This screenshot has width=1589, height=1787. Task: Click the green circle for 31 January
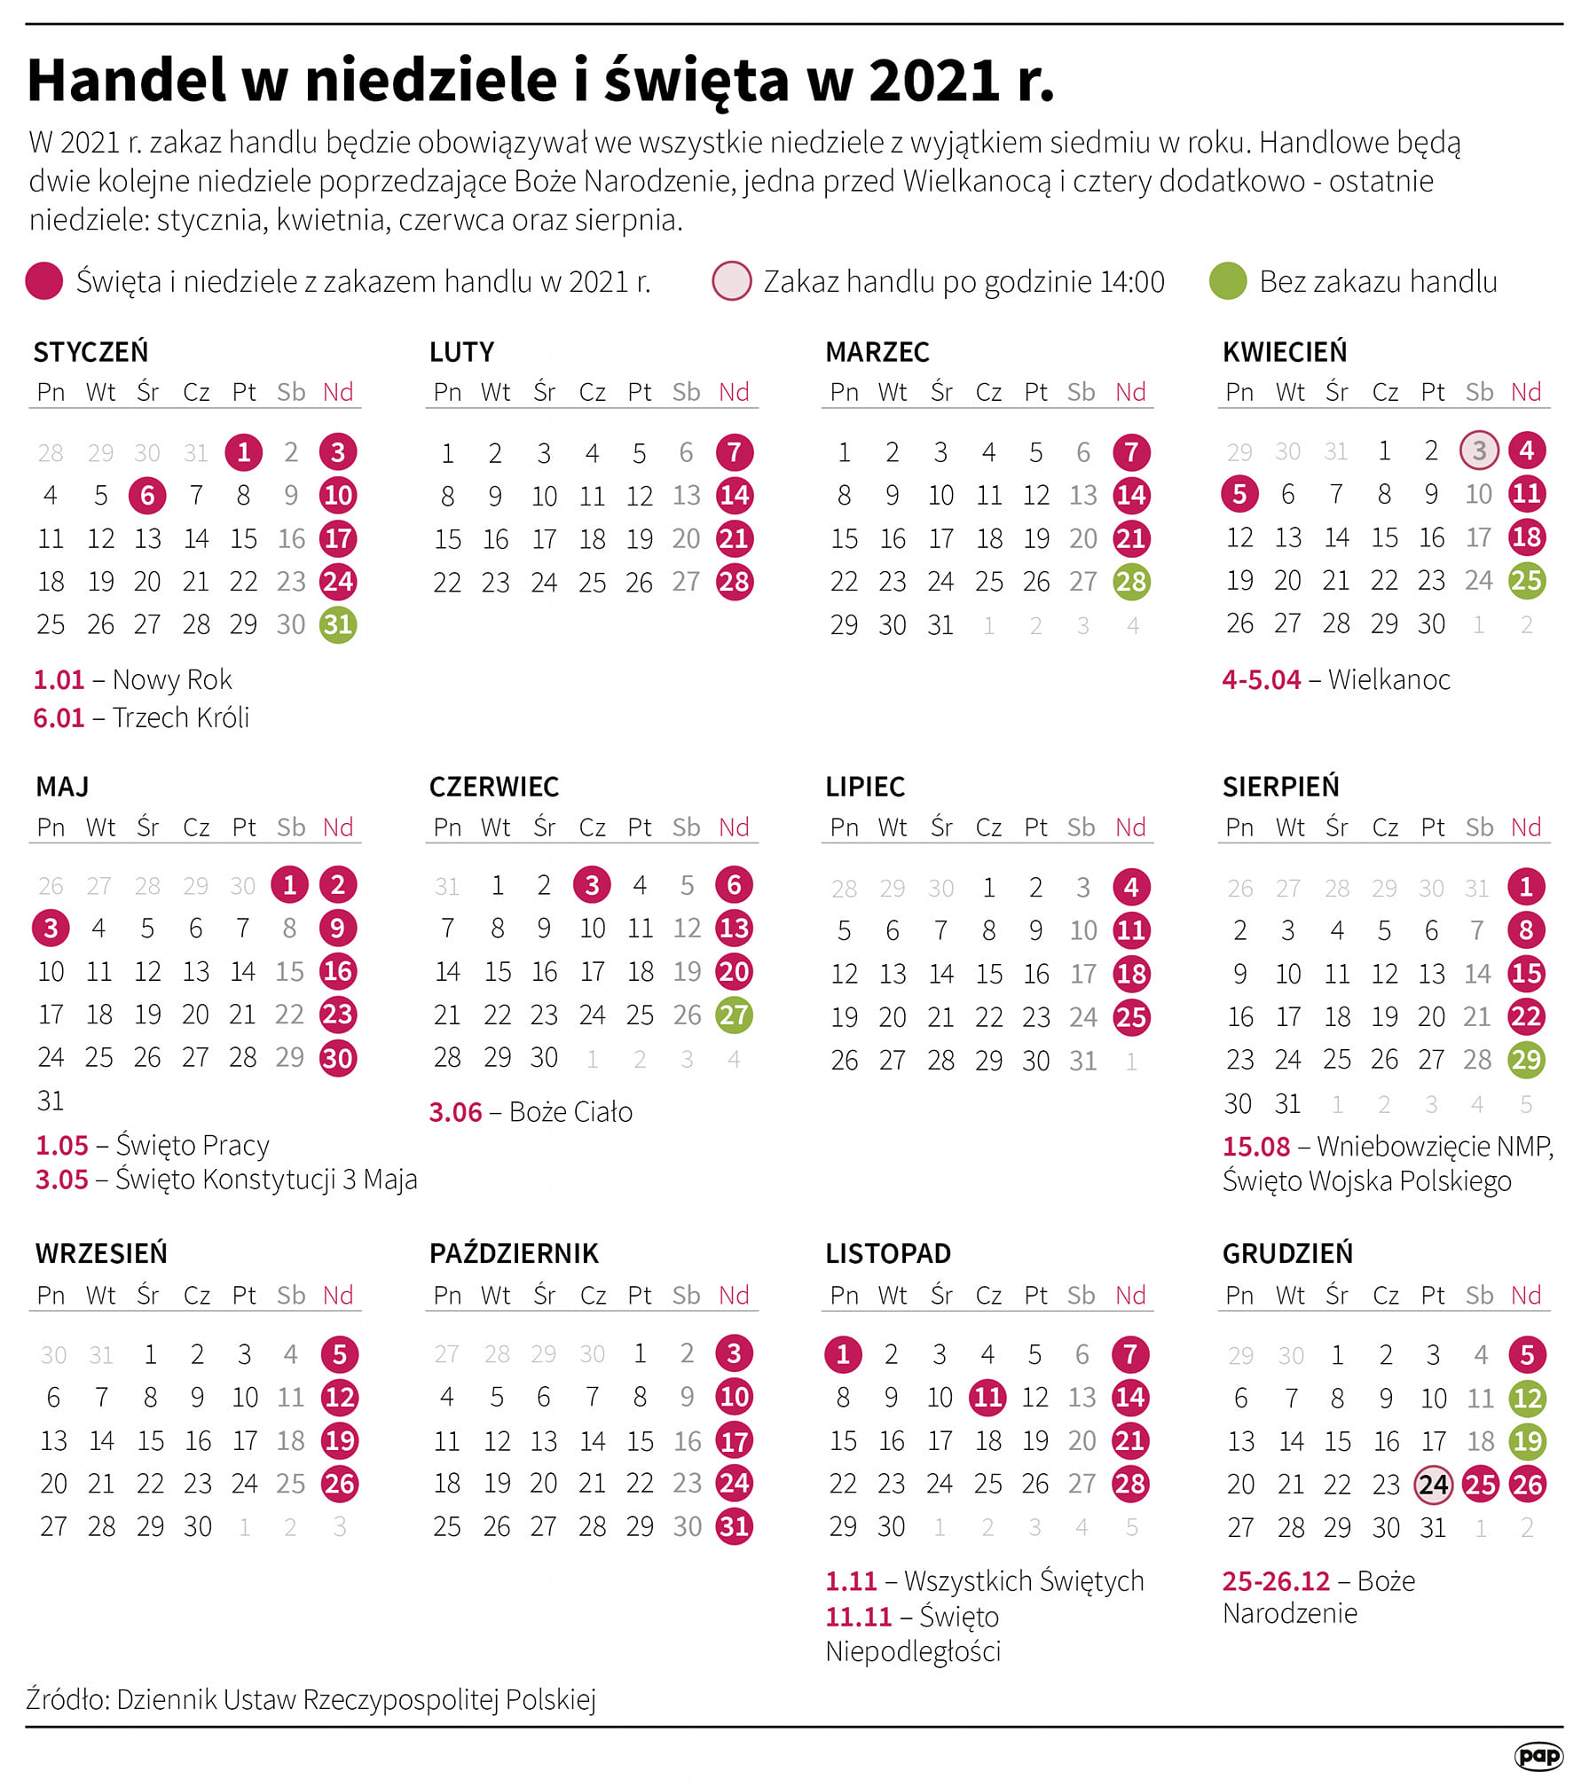pyautogui.click(x=338, y=624)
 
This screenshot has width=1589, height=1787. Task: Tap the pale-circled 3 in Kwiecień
pyautogui.click(x=1479, y=451)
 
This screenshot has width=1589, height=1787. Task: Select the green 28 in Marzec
pyautogui.click(x=1131, y=582)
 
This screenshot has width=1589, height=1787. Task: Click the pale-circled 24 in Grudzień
pyautogui.click(x=1433, y=1485)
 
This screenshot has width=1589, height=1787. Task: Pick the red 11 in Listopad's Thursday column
pyautogui.click(x=987, y=1398)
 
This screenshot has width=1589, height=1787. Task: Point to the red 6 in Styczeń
pyautogui.click(x=147, y=495)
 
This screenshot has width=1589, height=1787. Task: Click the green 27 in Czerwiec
pyautogui.click(x=734, y=1015)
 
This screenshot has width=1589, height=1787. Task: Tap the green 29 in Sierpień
pyautogui.click(x=1526, y=1060)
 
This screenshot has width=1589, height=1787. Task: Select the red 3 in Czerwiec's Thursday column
pyautogui.click(x=592, y=884)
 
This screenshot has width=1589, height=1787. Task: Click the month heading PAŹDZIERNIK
pyautogui.click(x=514, y=1252)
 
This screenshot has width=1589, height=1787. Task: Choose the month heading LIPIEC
pyautogui.click(x=865, y=787)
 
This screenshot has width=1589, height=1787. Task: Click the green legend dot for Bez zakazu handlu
pyautogui.click(x=1228, y=281)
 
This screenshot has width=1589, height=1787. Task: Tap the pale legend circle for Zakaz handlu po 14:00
pyautogui.click(x=732, y=281)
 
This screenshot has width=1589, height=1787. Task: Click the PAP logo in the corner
pyautogui.click(x=1538, y=1755)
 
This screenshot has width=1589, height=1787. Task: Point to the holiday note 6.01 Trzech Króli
pyautogui.click(x=141, y=717)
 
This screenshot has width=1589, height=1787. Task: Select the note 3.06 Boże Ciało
pyautogui.click(x=531, y=1112)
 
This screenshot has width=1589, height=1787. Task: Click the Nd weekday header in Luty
pyautogui.click(x=734, y=392)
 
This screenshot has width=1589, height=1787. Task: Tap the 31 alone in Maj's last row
pyautogui.click(x=51, y=1101)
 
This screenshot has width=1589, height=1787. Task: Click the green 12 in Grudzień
pyautogui.click(x=1526, y=1399)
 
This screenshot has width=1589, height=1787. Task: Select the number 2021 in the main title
pyautogui.click(x=934, y=81)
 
